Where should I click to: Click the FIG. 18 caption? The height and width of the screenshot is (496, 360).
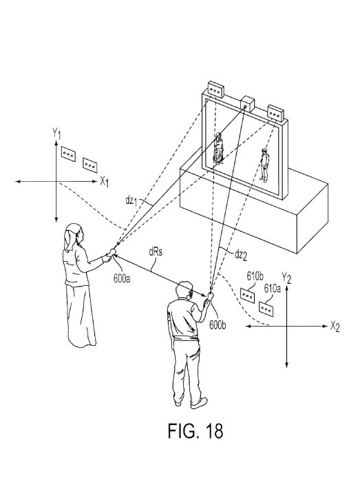click(195, 431)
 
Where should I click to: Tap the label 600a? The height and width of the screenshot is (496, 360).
click(122, 279)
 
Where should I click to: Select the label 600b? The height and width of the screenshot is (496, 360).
click(218, 325)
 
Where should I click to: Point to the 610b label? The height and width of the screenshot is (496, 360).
click(255, 276)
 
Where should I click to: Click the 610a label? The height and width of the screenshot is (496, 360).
click(272, 288)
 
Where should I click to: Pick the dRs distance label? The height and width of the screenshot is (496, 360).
click(156, 252)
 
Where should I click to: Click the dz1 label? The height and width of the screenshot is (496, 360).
click(131, 200)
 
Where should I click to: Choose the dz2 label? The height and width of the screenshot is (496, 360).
click(240, 255)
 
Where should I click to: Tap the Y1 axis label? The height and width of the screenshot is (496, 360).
click(56, 134)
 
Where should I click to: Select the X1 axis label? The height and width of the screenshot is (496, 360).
click(105, 182)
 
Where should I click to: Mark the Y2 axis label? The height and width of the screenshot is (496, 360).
click(286, 278)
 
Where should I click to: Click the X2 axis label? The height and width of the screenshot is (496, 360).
click(335, 326)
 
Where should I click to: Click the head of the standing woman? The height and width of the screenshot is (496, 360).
click(74, 234)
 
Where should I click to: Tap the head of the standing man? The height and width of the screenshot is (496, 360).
click(184, 291)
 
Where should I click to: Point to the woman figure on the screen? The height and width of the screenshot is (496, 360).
click(219, 149)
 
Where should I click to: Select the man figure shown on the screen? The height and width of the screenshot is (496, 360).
click(264, 165)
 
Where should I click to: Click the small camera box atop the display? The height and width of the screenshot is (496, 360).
click(248, 105)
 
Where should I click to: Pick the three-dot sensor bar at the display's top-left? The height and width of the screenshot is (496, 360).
click(215, 90)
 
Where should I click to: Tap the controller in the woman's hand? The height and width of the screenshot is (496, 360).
click(112, 252)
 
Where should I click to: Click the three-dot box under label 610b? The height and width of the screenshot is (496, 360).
click(248, 296)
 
